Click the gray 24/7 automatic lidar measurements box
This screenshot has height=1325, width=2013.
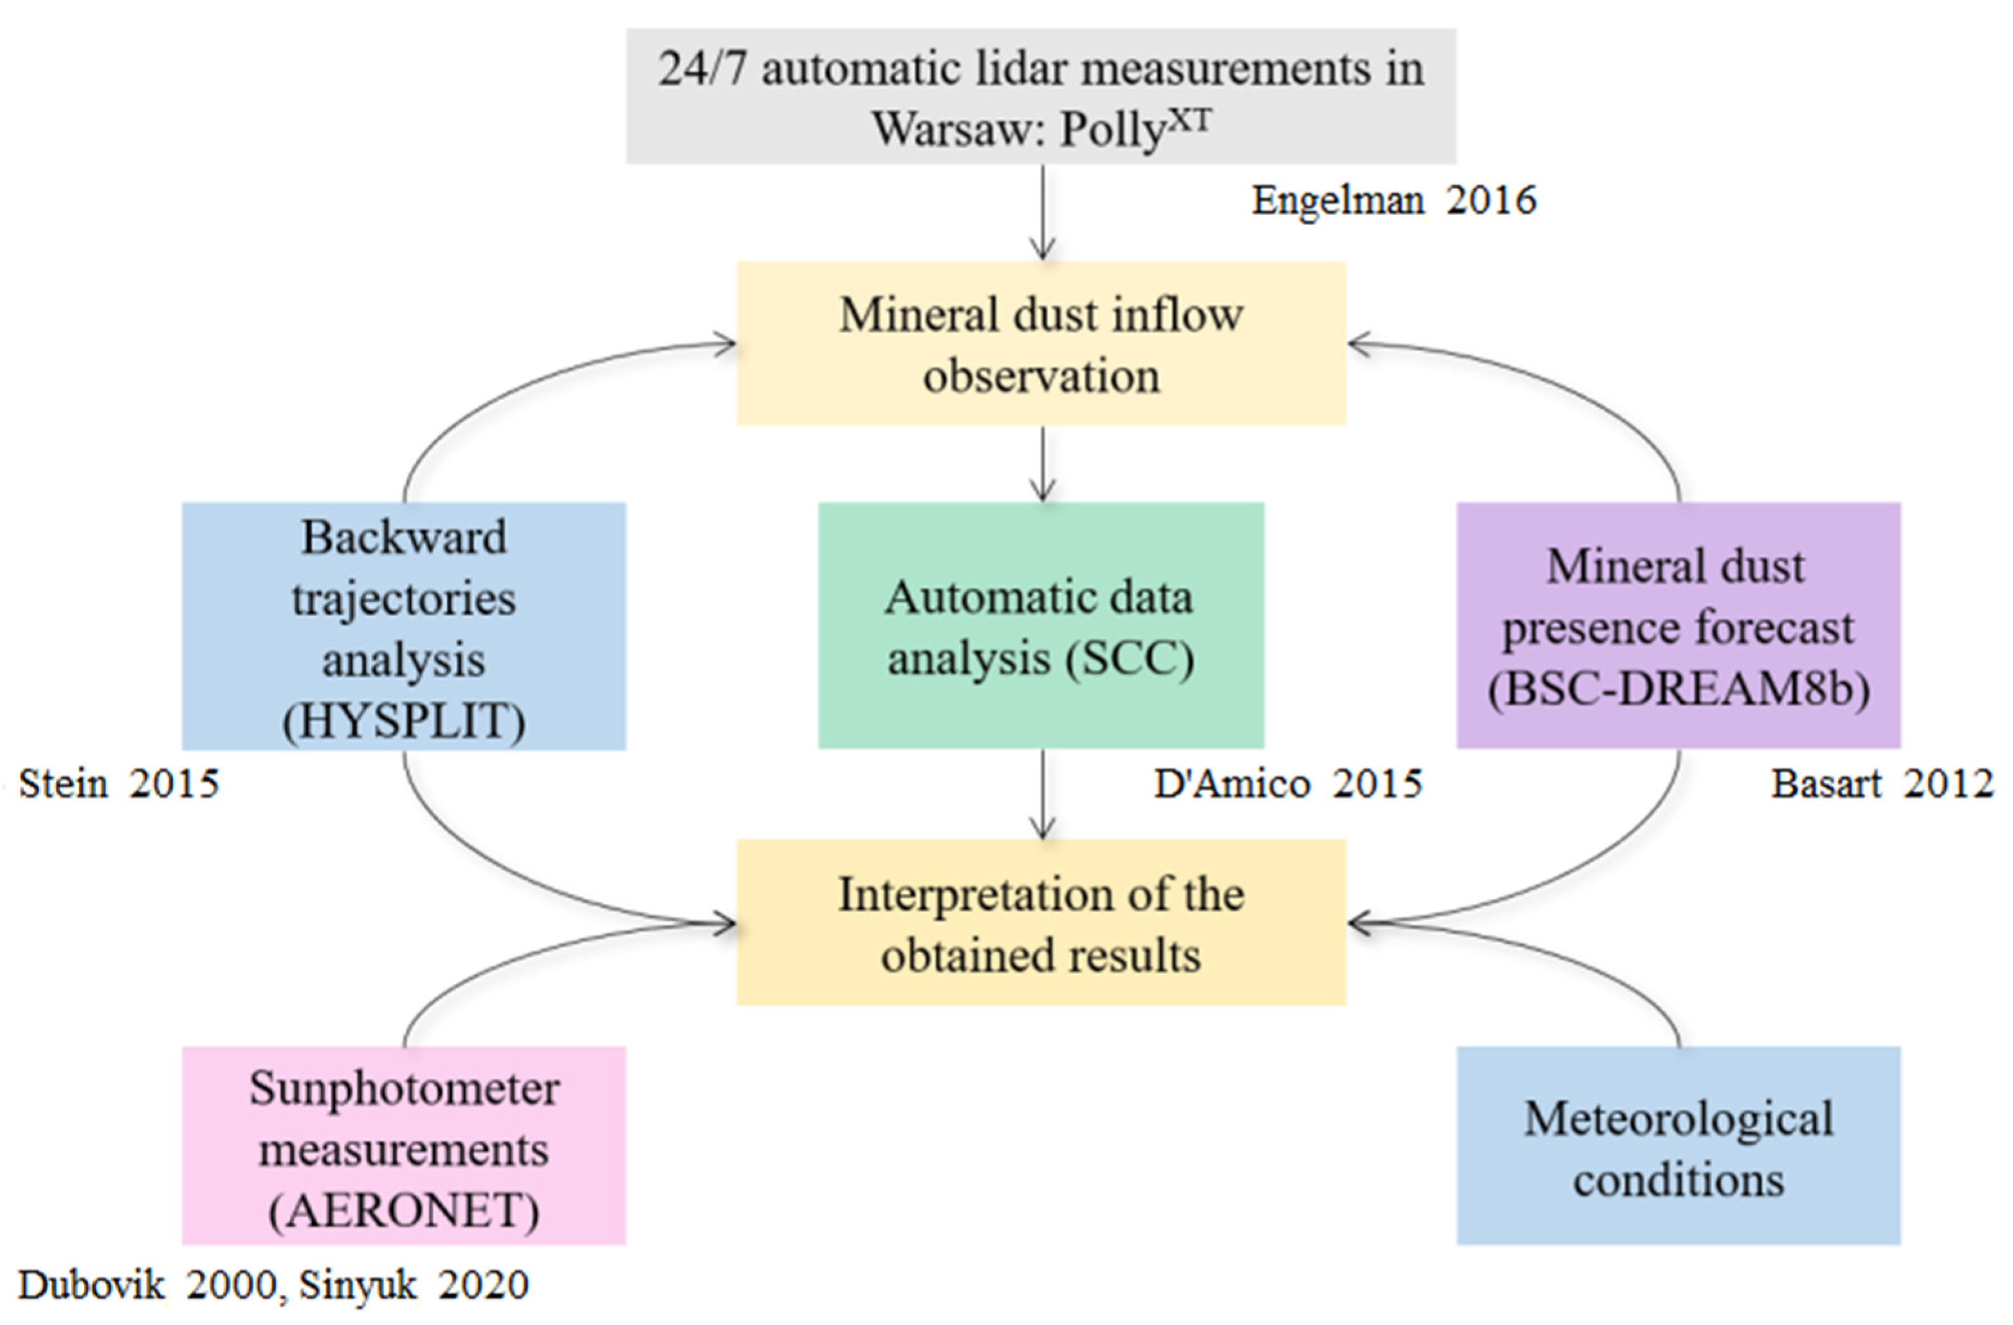1041,96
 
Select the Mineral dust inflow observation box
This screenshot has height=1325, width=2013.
1041,343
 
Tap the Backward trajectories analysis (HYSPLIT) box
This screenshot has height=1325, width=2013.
403,626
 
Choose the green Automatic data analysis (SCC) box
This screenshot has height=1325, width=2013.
1041,626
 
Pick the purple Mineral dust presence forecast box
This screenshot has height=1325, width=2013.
1678,626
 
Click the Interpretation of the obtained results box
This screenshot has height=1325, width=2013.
1041,923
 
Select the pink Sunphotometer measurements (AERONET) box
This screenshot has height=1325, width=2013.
403,1146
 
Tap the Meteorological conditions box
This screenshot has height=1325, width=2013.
1678,1146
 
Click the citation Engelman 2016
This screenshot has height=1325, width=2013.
1393,201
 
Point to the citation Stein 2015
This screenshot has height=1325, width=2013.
118,784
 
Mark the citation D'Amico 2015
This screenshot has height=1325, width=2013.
1288,784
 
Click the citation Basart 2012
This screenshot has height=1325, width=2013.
1882,784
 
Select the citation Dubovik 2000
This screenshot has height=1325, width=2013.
145,1285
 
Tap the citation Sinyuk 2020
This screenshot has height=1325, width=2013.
414,1285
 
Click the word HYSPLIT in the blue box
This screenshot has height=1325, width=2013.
403,722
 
